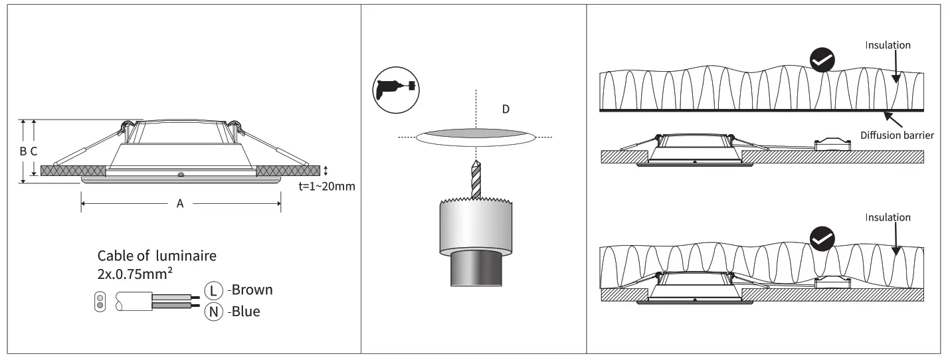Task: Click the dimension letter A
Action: click(179, 204)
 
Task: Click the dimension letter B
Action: click(23, 151)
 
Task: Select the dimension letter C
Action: click(34, 151)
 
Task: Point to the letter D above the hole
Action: click(506, 109)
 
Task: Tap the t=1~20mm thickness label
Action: click(327, 186)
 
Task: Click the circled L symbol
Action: click(213, 291)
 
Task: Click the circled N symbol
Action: click(213, 311)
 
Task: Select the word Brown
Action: click(252, 290)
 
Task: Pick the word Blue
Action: click(246, 311)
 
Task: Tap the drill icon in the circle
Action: click(397, 88)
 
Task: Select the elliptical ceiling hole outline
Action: click(475, 137)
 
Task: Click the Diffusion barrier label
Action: click(897, 135)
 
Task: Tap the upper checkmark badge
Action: click(822, 60)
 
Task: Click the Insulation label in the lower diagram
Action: click(888, 217)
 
